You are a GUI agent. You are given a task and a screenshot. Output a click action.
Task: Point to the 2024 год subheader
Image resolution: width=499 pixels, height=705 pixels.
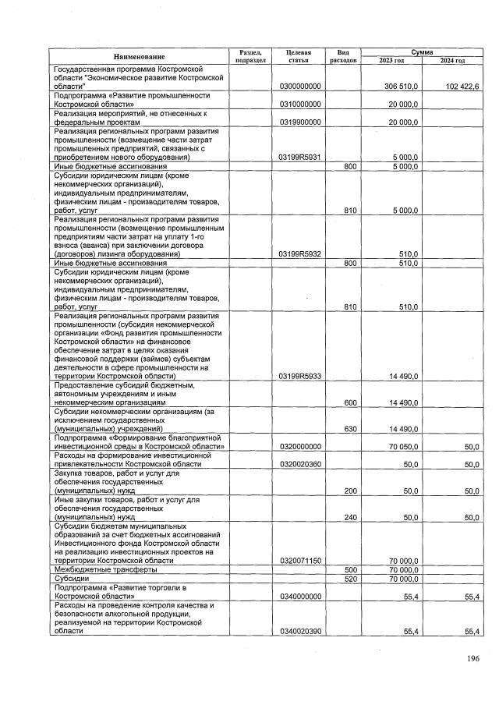coord(452,60)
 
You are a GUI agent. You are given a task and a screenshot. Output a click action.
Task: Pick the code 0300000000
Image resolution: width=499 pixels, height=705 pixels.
coord(299,85)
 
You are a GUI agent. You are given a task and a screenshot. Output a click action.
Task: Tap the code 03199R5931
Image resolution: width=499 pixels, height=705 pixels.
coord(299,158)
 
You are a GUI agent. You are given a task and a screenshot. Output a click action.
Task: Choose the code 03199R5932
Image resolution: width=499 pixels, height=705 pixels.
coord(299,254)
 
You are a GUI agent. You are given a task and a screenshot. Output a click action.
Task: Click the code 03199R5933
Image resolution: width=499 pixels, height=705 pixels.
coord(299,376)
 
